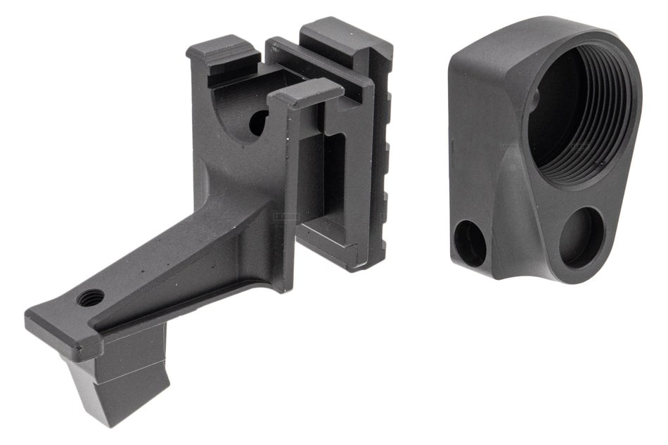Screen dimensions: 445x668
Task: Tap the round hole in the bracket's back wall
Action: click(257, 122)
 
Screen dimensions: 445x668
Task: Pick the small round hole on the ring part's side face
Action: click(469, 243)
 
